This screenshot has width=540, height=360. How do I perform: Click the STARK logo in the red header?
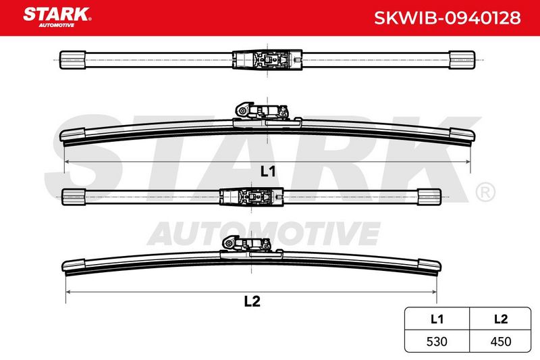pos(57,17)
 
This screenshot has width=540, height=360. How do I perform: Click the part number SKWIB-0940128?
pos(448,18)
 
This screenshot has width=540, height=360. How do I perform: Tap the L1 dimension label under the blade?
pos(267,171)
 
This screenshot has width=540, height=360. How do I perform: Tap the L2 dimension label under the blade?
pos(252,301)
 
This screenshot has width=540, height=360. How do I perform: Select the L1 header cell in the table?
pos(437,319)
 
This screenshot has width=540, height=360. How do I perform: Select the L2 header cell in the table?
pos(500,319)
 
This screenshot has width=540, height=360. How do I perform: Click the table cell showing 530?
pos(437,341)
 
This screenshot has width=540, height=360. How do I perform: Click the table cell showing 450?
pos(500,341)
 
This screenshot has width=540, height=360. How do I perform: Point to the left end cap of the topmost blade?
pos(73,60)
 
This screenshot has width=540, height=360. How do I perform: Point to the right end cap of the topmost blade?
pos(462,60)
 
